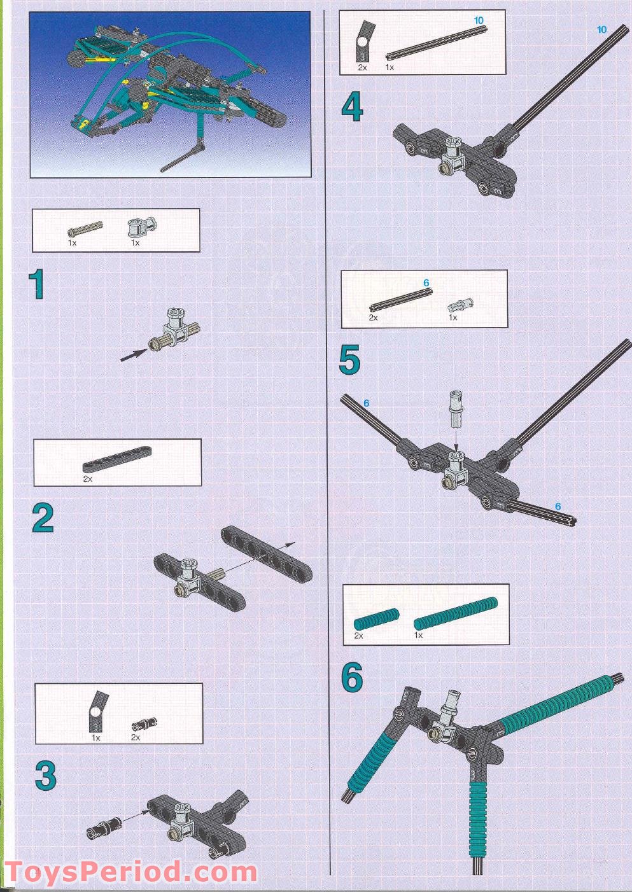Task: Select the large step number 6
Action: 352,678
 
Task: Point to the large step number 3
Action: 45,776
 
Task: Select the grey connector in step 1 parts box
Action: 141,226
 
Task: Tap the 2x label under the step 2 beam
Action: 87,478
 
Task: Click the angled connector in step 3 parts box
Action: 95,710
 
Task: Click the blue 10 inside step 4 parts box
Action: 479,21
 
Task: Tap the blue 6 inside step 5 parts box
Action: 426,282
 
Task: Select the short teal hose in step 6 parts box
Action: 376,619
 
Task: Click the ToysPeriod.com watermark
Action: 130,871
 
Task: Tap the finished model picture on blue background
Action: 170,94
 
